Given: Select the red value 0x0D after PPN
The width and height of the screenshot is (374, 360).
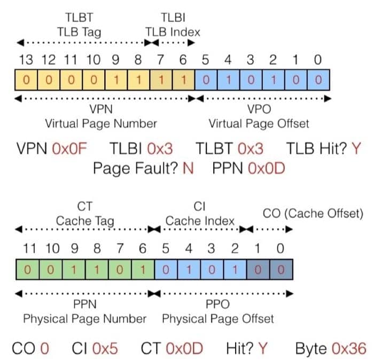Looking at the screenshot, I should [267, 169].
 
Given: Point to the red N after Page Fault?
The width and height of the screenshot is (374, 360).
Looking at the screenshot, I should [188, 169].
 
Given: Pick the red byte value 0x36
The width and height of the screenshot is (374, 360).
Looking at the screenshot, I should [349, 348].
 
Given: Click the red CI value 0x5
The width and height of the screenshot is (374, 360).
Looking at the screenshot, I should [105, 348].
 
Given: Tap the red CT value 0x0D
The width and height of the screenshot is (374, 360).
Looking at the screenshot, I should [185, 348].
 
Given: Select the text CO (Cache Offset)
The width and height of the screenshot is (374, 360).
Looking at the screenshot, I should [313, 214].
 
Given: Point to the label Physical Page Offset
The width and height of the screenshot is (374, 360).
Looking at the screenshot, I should [218, 319].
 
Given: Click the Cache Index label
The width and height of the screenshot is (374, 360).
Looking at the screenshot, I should [200, 221].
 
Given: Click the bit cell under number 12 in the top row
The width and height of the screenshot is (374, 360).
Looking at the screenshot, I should [48, 80].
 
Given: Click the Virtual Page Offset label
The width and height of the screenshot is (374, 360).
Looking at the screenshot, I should [259, 124].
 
